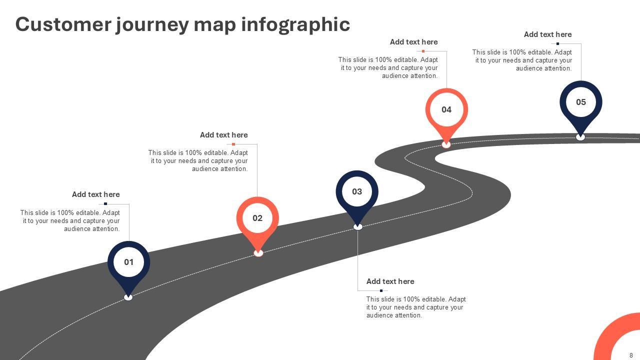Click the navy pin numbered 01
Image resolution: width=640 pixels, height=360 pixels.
coord(128,262)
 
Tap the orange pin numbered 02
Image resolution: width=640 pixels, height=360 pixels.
coord(257,218)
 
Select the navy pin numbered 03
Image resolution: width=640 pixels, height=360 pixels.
coord(357,191)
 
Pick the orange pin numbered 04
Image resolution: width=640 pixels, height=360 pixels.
coord(446,109)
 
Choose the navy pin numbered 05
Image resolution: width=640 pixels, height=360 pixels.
coord(580,102)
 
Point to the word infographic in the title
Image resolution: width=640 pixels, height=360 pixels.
coord(295,24)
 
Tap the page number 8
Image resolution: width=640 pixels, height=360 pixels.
coord(631,355)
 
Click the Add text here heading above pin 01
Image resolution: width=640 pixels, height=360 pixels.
coord(95,194)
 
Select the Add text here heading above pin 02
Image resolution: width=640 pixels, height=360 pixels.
coord(223,135)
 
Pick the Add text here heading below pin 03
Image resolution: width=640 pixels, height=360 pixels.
coord(390,281)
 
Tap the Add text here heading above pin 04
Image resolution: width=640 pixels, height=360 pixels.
coord(413,42)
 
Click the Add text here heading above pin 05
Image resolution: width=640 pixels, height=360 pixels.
coord(547,34)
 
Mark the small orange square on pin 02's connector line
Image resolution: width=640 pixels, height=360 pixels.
coord(233,144)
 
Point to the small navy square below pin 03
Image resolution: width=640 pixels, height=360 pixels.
coord(381,290)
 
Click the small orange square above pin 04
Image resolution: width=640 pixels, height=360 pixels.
coord(423,51)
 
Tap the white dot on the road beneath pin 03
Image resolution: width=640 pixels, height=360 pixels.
coord(358,227)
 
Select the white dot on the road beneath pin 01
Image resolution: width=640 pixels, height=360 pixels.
coord(128,297)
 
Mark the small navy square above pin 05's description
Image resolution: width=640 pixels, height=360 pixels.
coord(557,44)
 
